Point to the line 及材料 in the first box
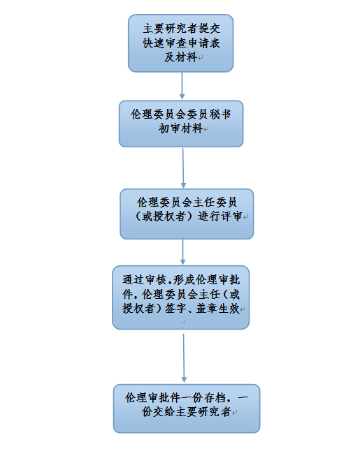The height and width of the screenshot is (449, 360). pyautogui.click(x=180, y=57)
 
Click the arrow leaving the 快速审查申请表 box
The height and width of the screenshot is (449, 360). pyautogui.click(x=182, y=86)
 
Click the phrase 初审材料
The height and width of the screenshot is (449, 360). pyautogui.click(x=180, y=128)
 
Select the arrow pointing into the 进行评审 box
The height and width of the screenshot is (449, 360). pyautogui.click(x=183, y=168)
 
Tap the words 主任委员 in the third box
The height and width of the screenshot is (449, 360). pyautogui.click(x=215, y=202)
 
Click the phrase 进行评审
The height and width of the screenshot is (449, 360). pyautogui.click(x=220, y=216)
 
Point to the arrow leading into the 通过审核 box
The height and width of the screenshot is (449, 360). pyautogui.click(x=182, y=252)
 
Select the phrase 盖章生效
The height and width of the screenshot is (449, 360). pyautogui.click(x=218, y=309)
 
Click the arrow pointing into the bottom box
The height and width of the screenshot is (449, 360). pyautogui.click(x=184, y=358)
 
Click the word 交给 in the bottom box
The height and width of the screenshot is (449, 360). pyautogui.click(x=164, y=412)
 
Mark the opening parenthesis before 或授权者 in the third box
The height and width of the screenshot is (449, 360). pyautogui.click(x=138, y=216)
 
